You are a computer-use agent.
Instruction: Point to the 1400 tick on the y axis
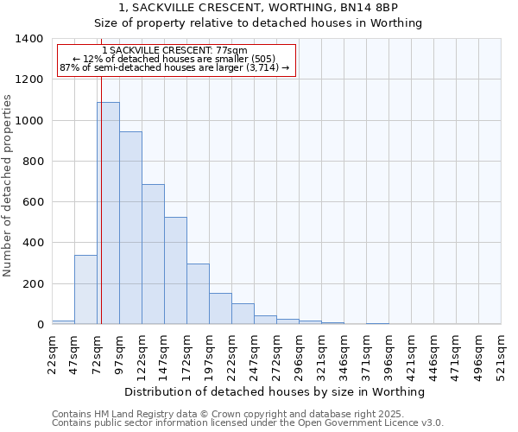coord(33,39)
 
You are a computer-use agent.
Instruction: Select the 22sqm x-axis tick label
coord(53,353)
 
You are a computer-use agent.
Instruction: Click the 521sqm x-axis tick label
coord(502,353)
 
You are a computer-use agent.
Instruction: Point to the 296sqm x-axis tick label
coord(300,353)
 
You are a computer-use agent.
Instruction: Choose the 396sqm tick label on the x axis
coord(389,353)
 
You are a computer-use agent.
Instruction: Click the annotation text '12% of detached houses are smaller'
coord(174,59)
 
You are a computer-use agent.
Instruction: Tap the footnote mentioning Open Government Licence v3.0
coord(248,423)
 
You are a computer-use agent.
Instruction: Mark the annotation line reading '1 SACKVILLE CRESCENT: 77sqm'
coord(174,50)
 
